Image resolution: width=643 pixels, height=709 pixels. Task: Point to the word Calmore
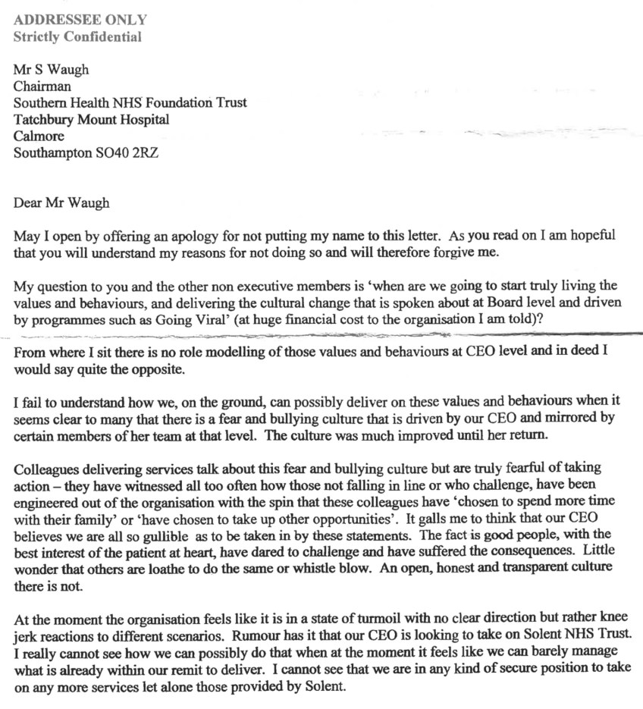[39, 136]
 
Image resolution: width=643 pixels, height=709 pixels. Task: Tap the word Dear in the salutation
[29, 202]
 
